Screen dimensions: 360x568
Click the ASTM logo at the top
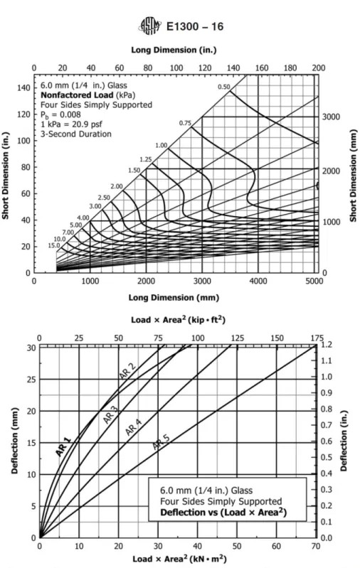(150, 26)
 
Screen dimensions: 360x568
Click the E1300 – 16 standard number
(195, 26)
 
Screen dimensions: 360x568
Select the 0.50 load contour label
(224, 87)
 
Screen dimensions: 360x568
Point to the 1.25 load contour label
(146, 160)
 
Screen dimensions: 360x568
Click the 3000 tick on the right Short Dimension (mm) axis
(332, 117)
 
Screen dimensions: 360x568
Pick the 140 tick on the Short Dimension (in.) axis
(23, 88)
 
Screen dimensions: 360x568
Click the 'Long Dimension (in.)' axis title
(174, 50)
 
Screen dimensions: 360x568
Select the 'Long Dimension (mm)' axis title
(174, 298)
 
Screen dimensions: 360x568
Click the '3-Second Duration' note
(76, 134)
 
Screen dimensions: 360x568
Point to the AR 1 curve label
(63, 446)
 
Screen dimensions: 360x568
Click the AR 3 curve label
(110, 414)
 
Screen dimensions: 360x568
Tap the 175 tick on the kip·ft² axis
(317, 338)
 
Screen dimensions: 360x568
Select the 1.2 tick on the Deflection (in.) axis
(327, 345)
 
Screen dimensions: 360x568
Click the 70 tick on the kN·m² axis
(316, 546)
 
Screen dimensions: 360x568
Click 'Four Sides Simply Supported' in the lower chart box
(221, 501)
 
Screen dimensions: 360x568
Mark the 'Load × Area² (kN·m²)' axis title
(179, 559)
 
